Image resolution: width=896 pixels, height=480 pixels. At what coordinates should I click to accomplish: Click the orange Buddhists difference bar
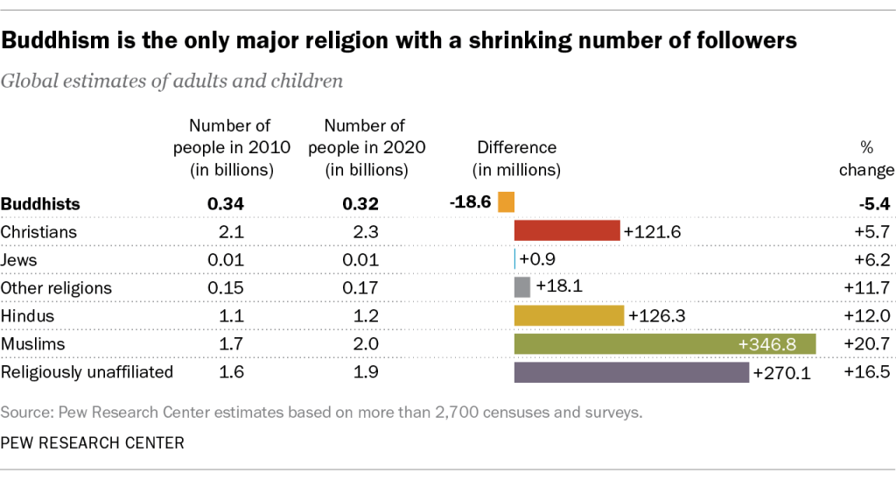pos(506,202)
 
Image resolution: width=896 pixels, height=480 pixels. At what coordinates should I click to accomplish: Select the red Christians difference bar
pos(567,231)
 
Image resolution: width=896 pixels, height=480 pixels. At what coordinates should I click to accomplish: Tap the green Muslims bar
pos(664,343)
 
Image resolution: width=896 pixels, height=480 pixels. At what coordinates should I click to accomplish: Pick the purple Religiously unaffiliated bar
pos(632,372)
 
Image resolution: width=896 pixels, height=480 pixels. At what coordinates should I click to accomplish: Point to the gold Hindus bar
pos(569,315)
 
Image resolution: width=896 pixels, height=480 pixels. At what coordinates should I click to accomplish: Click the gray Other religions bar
pos(522,287)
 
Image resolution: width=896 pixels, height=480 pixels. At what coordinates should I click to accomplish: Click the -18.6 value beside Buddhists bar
pos(471,202)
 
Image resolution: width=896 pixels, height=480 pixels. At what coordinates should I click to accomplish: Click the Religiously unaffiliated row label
pos(87,372)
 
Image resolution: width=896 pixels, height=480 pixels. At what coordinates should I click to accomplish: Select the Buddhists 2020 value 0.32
pos(360,204)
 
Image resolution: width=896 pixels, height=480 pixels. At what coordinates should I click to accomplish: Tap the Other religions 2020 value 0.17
pos(360,288)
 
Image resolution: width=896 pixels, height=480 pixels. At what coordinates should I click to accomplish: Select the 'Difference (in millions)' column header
pos(516,159)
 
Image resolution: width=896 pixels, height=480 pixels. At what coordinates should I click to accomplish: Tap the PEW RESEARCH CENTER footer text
pos(93,443)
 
